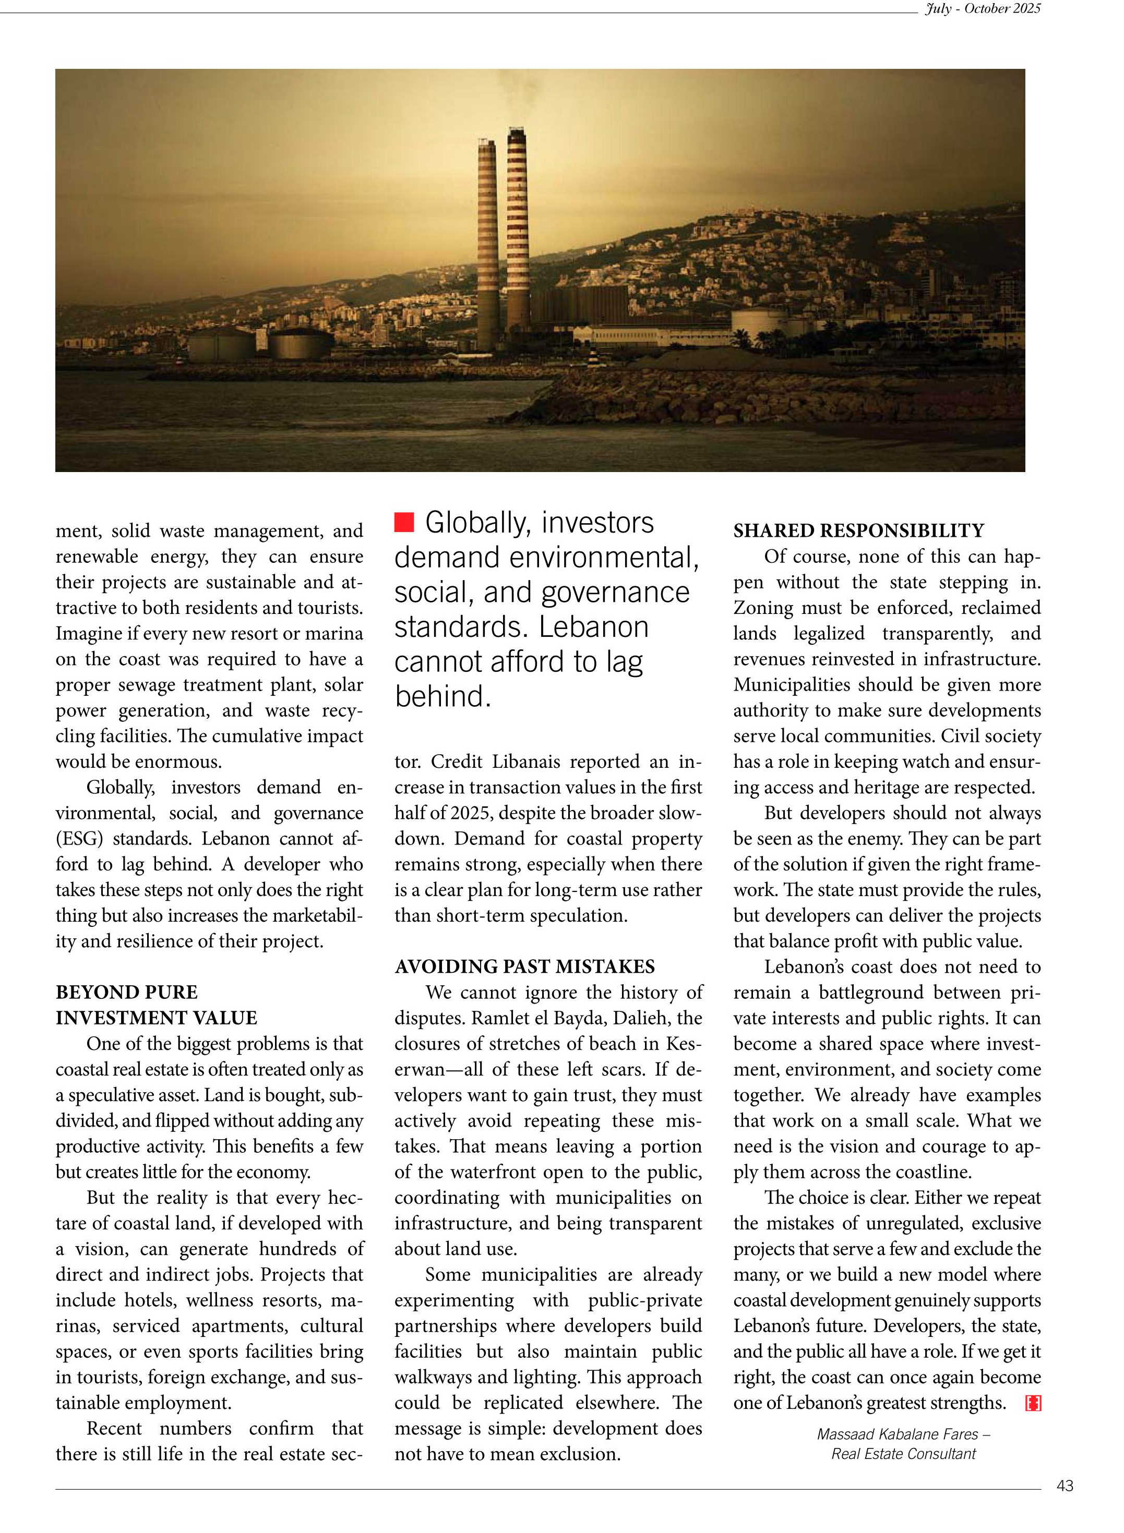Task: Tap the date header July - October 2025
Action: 982,9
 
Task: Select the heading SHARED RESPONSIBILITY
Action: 858,530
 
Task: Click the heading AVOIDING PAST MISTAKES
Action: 524,967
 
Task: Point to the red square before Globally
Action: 404,522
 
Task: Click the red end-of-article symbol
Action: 1033,1403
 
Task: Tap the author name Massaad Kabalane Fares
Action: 898,1434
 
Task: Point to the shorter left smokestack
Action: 487,245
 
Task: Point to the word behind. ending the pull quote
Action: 443,696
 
